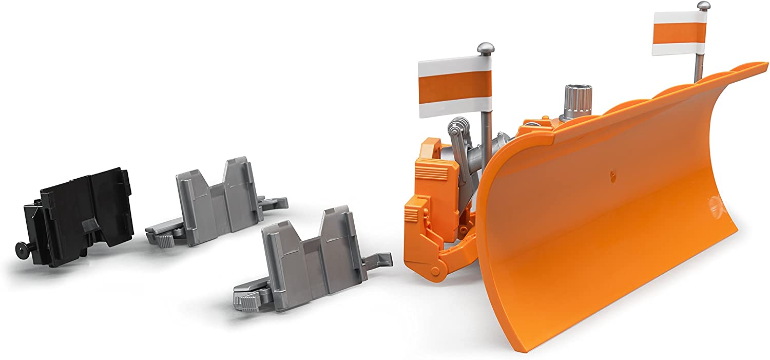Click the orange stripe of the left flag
(455, 87)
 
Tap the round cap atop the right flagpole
(703, 6)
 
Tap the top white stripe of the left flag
(455, 65)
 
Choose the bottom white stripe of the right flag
(679, 49)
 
